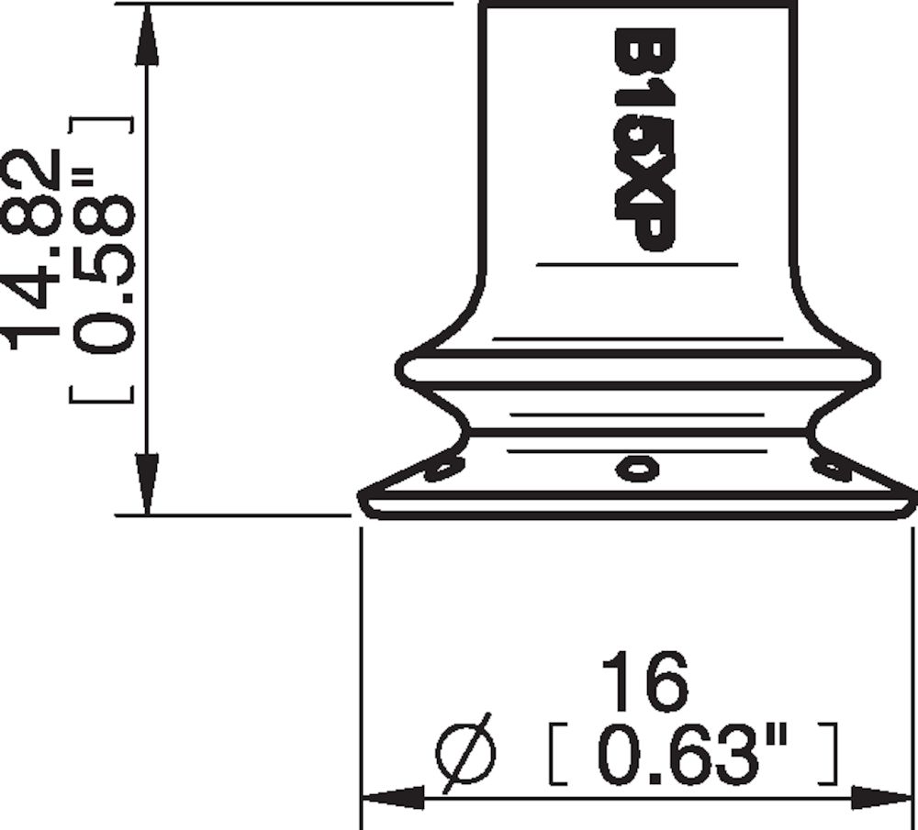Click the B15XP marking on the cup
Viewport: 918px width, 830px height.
(x=644, y=139)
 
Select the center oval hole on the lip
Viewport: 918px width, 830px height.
(x=637, y=469)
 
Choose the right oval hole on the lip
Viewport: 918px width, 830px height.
(x=832, y=470)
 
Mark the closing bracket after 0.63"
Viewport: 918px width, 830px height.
(x=831, y=754)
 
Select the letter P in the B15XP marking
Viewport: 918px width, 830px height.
(x=644, y=229)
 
